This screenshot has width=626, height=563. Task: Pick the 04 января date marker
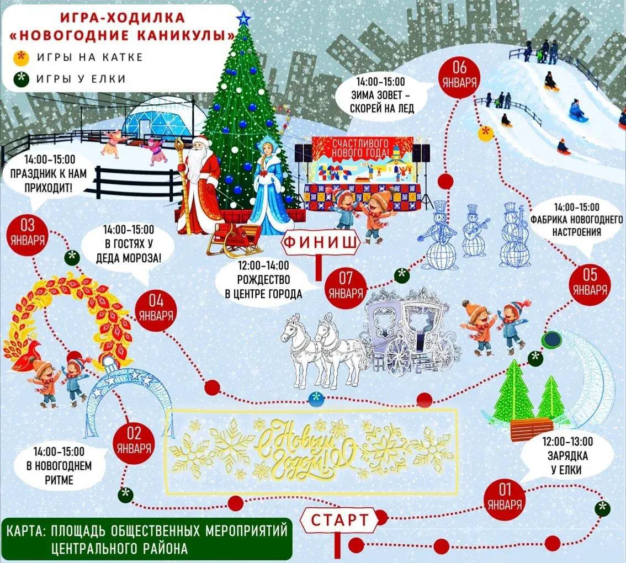pos(156,309)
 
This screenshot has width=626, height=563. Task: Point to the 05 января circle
pos(590,283)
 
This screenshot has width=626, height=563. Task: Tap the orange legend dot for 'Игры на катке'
pos(22,57)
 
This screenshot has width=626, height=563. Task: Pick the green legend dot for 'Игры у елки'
pos(22,78)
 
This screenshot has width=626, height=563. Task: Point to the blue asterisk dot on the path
pos(315,398)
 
